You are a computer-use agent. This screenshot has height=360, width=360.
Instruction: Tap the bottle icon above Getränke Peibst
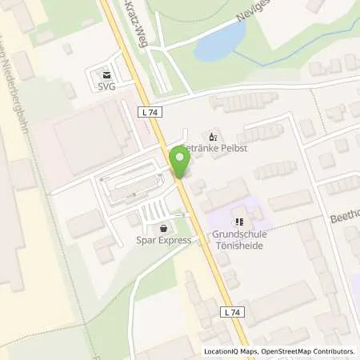[212, 136]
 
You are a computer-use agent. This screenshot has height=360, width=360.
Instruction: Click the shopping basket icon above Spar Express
[165, 226]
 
